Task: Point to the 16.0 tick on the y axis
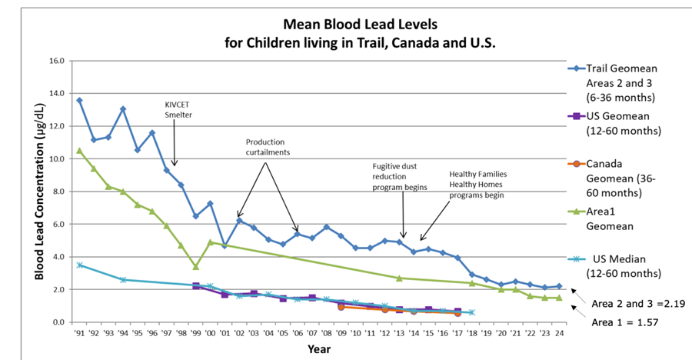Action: click(59, 60)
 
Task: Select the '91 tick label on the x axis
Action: click(79, 333)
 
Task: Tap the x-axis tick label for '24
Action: click(559, 333)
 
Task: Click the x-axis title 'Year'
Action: click(319, 348)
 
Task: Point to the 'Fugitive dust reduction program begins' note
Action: click(400, 176)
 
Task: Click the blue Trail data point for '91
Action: click(79, 100)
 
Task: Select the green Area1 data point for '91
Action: click(79, 151)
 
